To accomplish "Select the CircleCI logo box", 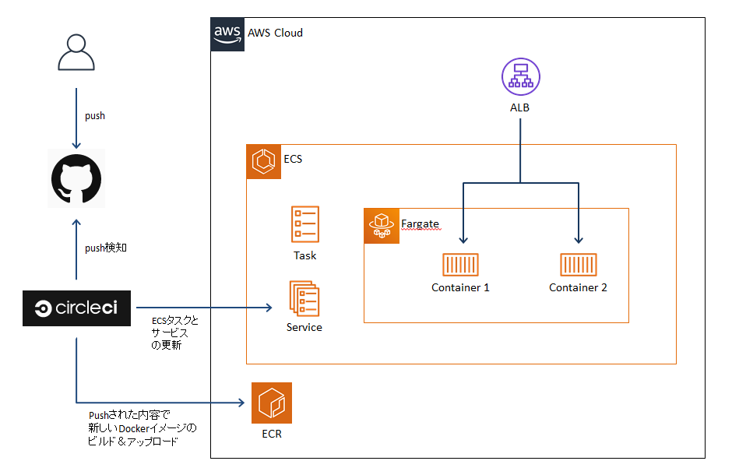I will pyautogui.click(x=76, y=308).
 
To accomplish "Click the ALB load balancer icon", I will pyautogui.click(x=519, y=78).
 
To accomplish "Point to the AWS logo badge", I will pyautogui.click(x=227, y=34).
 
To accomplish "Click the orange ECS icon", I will pyautogui.click(x=263, y=162).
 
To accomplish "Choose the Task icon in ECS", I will pyautogui.click(x=304, y=223).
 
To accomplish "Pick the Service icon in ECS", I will pyautogui.click(x=304, y=297).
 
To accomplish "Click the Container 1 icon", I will pyautogui.click(x=460, y=265).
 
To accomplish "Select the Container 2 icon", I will pyautogui.click(x=578, y=265).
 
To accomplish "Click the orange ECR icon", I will pyautogui.click(x=272, y=403).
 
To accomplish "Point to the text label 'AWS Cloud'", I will pyautogui.click(x=275, y=33).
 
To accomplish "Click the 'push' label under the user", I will pyautogui.click(x=94, y=116).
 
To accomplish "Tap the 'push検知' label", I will pyautogui.click(x=105, y=248).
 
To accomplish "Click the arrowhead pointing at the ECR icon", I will pyautogui.click(x=242, y=403).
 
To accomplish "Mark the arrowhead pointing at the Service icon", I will pyautogui.click(x=267, y=308).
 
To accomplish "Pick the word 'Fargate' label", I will pyautogui.click(x=420, y=224).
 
